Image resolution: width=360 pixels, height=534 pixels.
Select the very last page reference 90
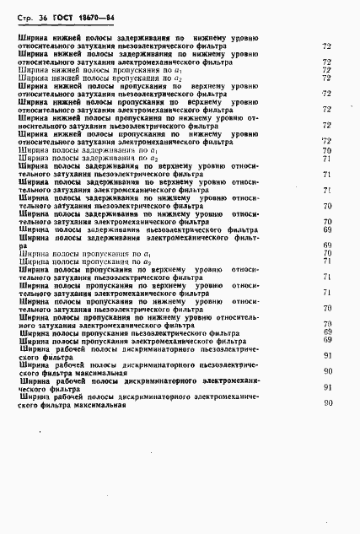(x=327, y=403)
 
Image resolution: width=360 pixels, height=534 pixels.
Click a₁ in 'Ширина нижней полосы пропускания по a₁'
(x=154, y=70)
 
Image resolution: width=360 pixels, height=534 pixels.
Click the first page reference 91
(x=327, y=356)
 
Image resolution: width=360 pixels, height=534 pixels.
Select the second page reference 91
(x=327, y=387)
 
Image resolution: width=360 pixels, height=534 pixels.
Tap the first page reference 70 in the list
(x=326, y=149)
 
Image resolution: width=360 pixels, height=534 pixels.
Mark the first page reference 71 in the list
(x=326, y=159)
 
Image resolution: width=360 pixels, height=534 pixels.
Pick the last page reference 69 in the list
(x=327, y=339)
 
